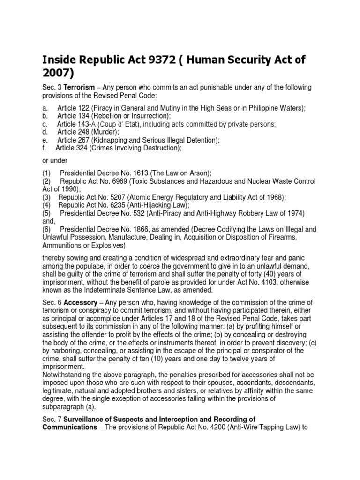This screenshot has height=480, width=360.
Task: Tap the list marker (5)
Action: point(46,213)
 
